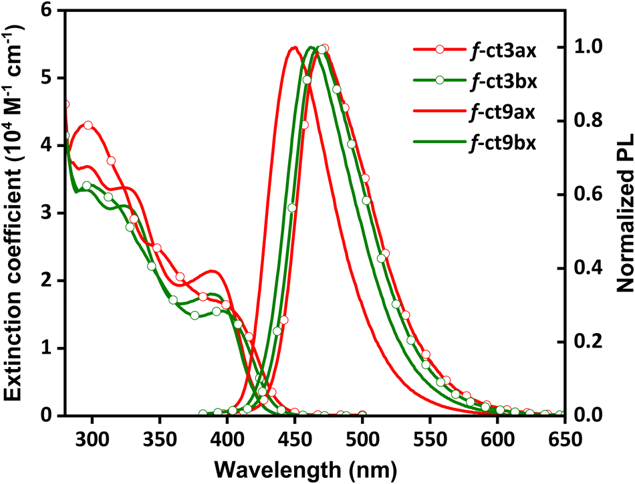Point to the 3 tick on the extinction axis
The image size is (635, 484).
(x=47, y=213)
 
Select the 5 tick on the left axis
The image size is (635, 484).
(x=47, y=78)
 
